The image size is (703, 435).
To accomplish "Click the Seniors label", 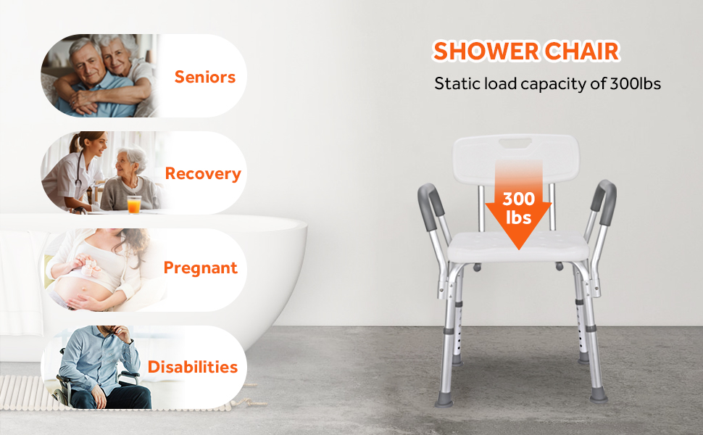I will coord(205,77).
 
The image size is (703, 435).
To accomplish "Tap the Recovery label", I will coord(203,173).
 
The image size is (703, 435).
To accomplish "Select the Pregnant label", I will coord(201,268).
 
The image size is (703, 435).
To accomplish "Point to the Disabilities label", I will coord(193,367).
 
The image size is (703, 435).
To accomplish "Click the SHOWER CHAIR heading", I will coord(526,51).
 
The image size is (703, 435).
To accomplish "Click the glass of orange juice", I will coord(134,204).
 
